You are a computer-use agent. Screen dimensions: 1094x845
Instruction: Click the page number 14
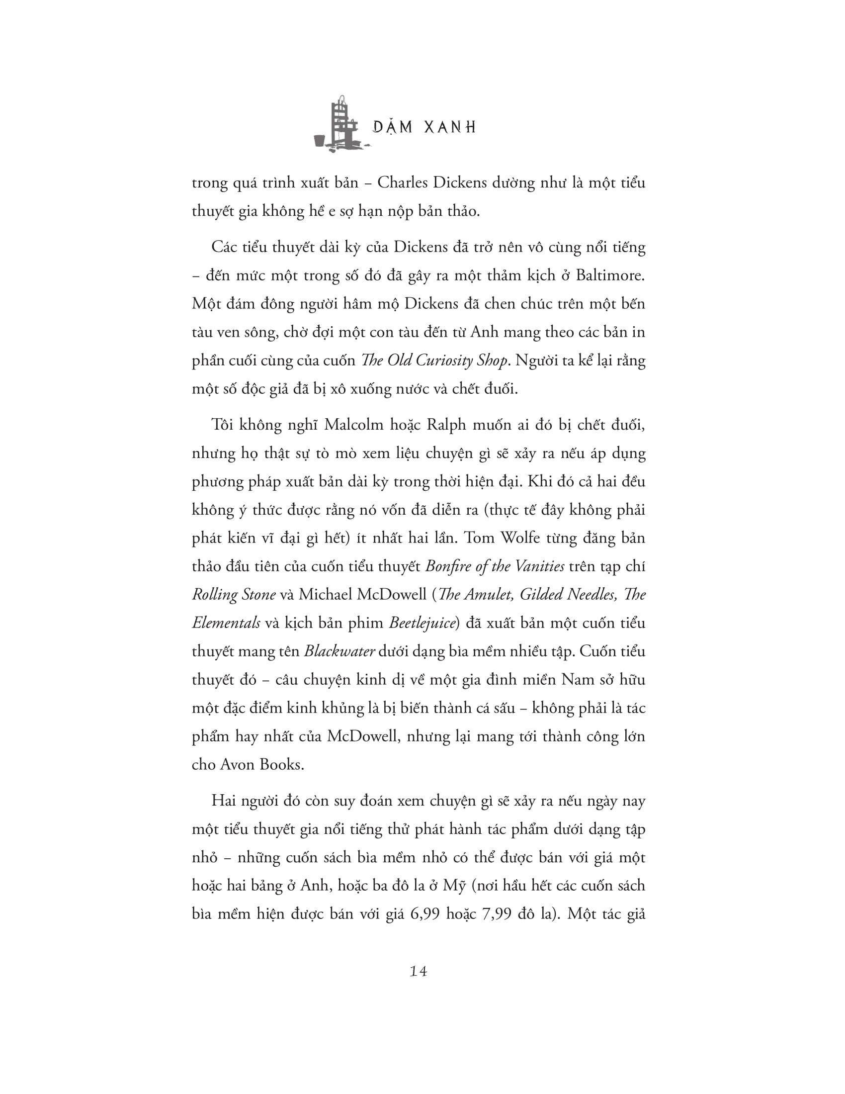(x=419, y=971)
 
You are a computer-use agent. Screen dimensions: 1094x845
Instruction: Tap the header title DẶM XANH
(x=424, y=128)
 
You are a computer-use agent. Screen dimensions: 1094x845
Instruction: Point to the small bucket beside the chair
(x=320, y=141)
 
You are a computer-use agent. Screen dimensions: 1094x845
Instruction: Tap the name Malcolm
(x=354, y=425)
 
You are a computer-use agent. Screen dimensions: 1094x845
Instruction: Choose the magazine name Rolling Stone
(x=234, y=595)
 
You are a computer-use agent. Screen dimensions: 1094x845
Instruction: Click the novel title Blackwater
(x=339, y=651)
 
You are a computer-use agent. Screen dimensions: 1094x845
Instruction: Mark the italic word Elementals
(x=226, y=623)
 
